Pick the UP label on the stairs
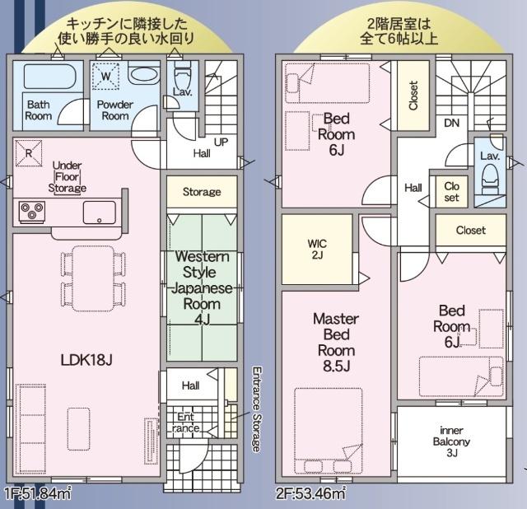[x=221, y=142]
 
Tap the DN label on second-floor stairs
[x=450, y=123]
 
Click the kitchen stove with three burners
[x=32, y=212]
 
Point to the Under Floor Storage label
[x=67, y=176]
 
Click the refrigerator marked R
[x=29, y=153]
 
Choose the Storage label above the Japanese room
[x=202, y=192]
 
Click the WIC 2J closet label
[x=317, y=249]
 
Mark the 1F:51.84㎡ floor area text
[x=38, y=494]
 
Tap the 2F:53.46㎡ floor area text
[x=310, y=494]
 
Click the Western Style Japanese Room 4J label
[x=203, y=287]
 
